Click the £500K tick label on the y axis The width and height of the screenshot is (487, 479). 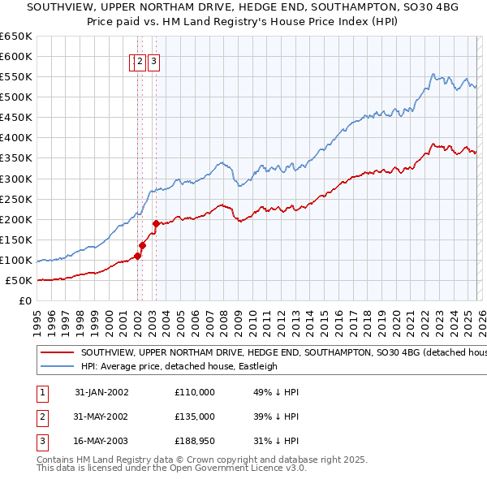16,97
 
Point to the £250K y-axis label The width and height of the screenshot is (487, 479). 16,200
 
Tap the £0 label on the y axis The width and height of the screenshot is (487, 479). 25,301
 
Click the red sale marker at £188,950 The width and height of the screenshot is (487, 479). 156,224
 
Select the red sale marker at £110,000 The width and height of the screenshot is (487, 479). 137,256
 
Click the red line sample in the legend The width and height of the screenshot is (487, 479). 57,353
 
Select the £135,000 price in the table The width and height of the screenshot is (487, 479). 195,416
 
